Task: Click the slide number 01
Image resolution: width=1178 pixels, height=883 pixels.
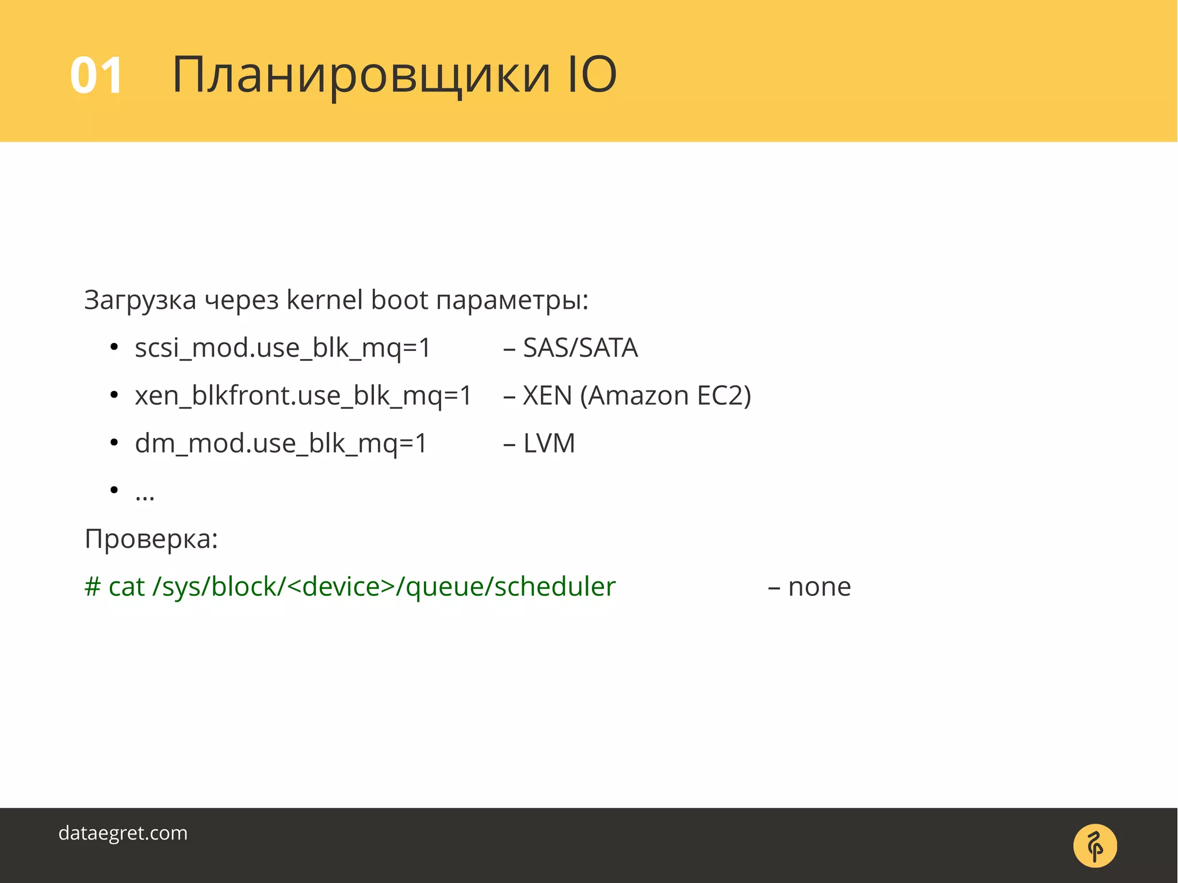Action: click(x=96, y=75)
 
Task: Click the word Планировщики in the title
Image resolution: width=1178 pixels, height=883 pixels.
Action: click(x=361, y=75)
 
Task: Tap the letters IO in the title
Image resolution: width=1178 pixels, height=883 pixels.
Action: click(x=592, y=74)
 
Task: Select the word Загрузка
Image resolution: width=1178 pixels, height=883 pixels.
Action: click(x=140, y=300)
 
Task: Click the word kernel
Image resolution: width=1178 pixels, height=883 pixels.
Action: click(x=324, y=299)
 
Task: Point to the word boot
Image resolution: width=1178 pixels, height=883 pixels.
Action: click(x=399, y=299)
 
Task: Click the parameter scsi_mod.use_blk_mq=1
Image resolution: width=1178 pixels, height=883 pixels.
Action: click(x=282, y=348)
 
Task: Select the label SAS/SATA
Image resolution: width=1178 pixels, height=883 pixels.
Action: click(x=580, y=348)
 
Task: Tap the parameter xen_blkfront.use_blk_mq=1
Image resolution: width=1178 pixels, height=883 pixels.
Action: click(x=303, y=396)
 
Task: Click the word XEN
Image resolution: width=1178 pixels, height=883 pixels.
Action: click(x=547, y=396)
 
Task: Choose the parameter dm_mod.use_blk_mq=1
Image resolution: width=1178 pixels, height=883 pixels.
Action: click(x=281, y=444)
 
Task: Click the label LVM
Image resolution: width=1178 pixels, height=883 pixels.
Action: click(x=549, y=444)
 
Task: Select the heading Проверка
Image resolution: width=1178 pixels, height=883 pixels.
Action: click(x=151, y=540)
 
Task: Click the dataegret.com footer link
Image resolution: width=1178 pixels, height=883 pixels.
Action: click(x=123, y=833)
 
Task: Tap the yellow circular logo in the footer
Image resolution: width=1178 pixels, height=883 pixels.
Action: click(x=1095, y=846)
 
